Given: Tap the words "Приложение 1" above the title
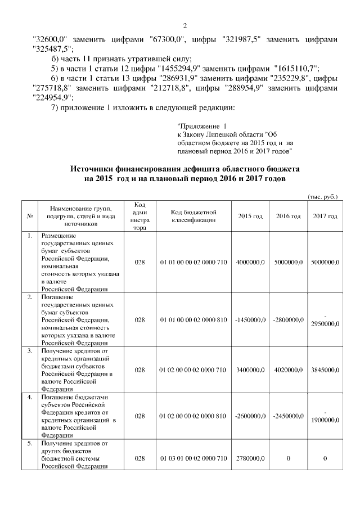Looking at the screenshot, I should coord(201,127).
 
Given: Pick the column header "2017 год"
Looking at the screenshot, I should coord(325,217).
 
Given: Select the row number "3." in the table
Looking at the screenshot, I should coord(29,351).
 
